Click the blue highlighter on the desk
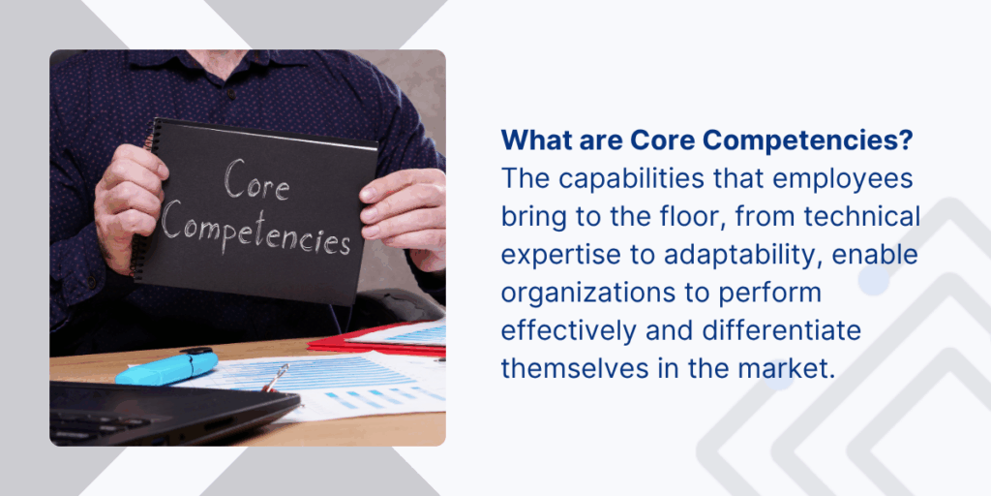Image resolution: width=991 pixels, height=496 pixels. click(166, 367)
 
